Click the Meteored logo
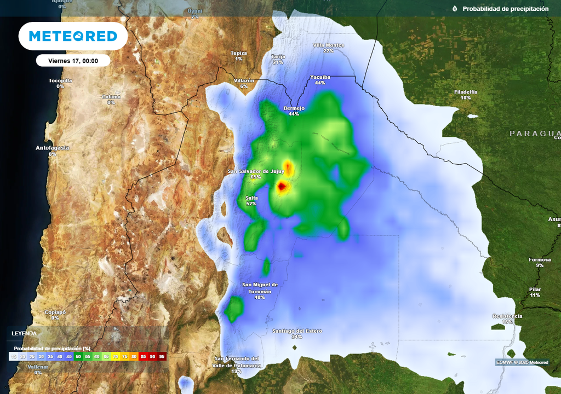pos(73,36)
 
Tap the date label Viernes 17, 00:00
pos(73,61)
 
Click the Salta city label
pos(251,198)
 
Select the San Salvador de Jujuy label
pos(256,171)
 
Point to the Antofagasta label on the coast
pos(53,148)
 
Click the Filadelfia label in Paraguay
pos(466,92)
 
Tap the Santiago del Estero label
pos(297,331)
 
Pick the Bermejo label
pos(294,108)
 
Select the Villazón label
pos(244,80)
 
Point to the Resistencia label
pos(507,316)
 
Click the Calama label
pos(111,97)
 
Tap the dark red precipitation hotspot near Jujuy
pos(282,187)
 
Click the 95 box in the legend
pos(162,356)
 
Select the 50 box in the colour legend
pos(78,356)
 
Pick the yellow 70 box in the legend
pos(116,356)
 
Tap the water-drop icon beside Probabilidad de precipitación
pos(455,9)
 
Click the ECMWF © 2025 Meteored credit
pos(522,362)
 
